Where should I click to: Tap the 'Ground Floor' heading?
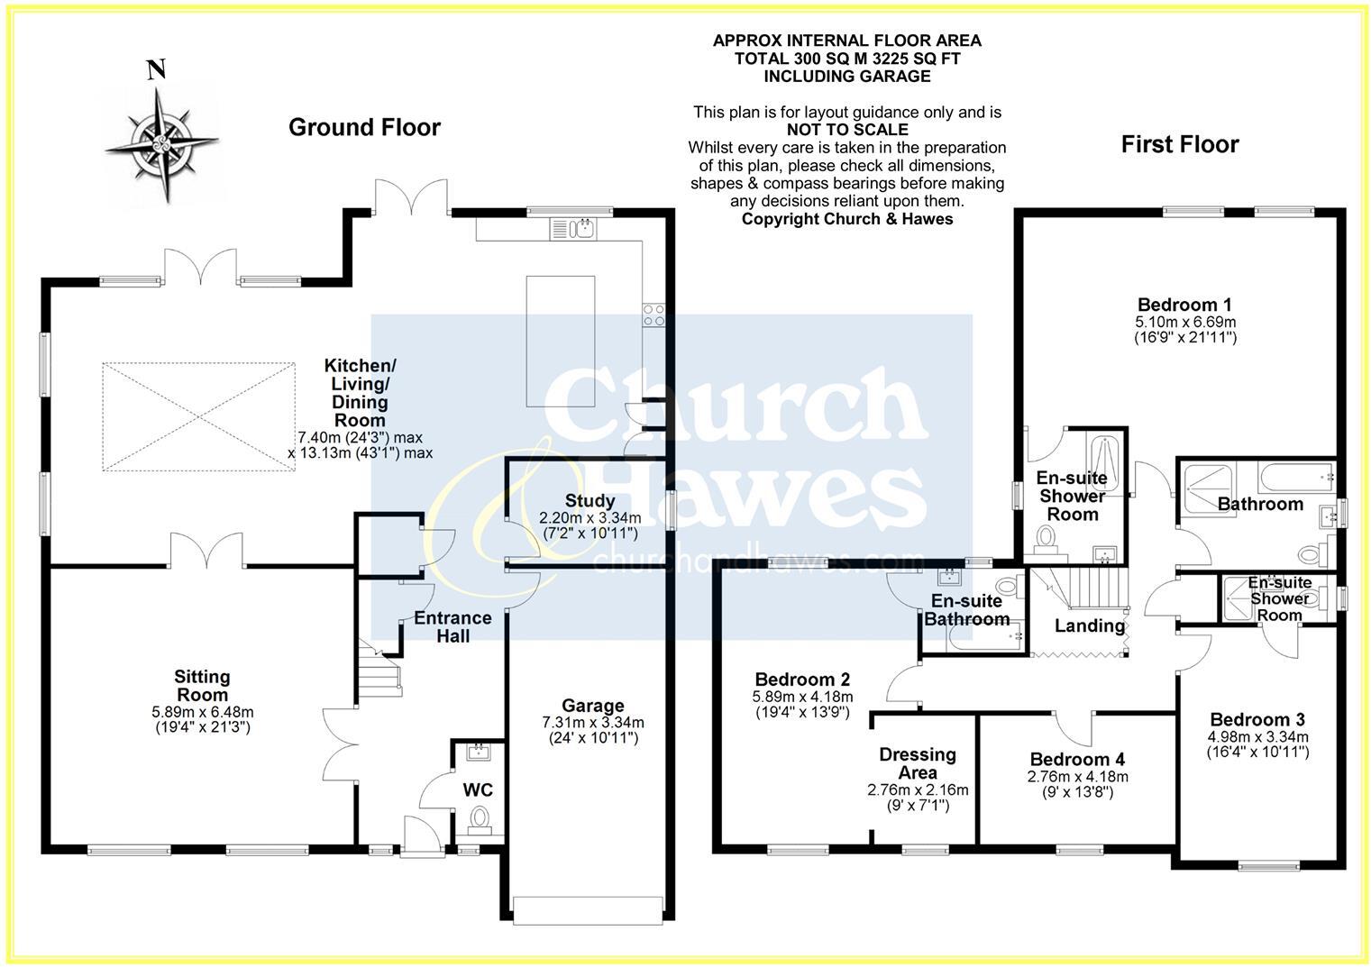(x=364, y=128)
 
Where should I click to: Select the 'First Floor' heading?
(x=1179, y=144)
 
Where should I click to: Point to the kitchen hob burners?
(x=654, y=315)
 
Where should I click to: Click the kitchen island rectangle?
(x=560, y=342)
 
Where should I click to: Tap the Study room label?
(x=590, y=501)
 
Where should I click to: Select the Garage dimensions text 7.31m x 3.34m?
(x=592, y=723)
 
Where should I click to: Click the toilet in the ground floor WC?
(x=479, y=819)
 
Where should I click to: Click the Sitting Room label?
(x=202, y=686)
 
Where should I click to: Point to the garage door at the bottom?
(x=590, y=908)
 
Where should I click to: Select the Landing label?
(x=1089, y=625)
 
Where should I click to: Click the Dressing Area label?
(x=918, y=763)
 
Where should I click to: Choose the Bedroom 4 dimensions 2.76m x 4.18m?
(x=1077, y=777)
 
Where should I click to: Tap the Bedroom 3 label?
(x=1257, y=719)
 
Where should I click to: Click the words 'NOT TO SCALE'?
(x=846, y=130)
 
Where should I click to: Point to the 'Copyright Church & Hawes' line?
(x=846, y=219)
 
